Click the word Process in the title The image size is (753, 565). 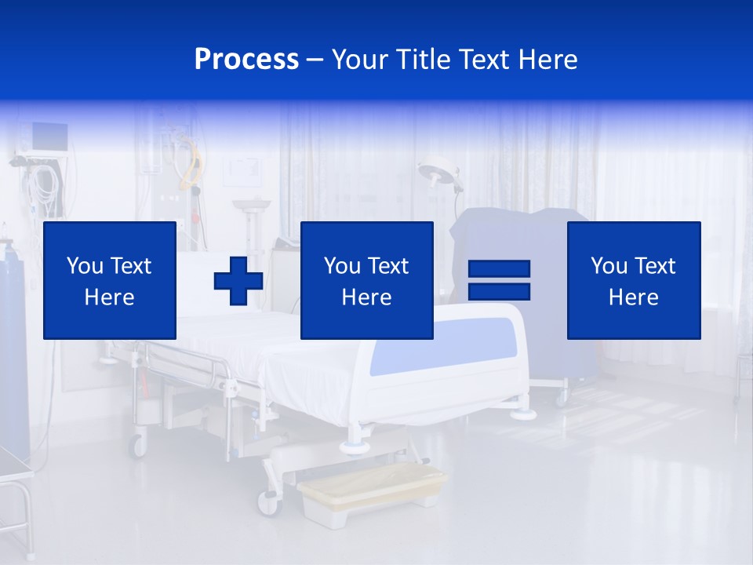pos(246,60)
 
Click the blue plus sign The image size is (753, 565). pos(238,281)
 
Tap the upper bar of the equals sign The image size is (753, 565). pos(499,269)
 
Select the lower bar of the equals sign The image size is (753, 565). pos(499,292)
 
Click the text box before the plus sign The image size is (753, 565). pos(109,280)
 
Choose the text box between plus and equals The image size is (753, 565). pos(366,280)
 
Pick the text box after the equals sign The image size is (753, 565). pos(633,280)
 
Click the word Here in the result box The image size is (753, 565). pos(633,297)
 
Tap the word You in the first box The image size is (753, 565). pos(84,266)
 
